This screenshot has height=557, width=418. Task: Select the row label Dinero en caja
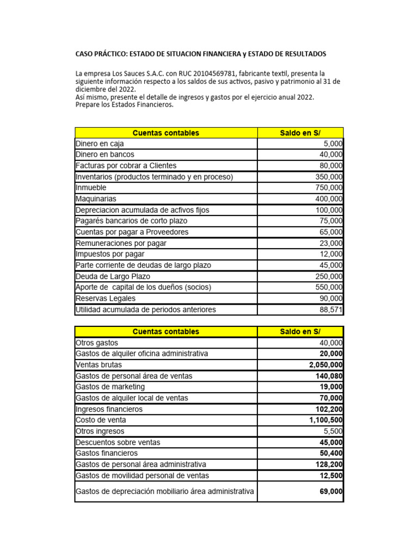pyautogui.click(x=100, y=144)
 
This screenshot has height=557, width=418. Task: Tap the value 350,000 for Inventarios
pyautogui.click(x=329, y=177)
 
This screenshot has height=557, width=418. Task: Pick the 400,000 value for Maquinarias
pyautogui.click(x=329, y=199)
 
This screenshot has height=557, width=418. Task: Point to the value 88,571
pyautogui.click(x=331, y=310)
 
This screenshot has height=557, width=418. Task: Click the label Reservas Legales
pyautogui.click(x=106, y=298)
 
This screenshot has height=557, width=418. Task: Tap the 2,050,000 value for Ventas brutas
pyautogui.click(x=326, y=364)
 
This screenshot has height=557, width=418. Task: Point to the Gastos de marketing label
pyautogui.click(x=110, y=387)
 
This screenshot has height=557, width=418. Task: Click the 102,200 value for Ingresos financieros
pyautogui.click(x=329, y=409)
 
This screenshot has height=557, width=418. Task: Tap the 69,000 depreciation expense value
pyautogui.click(x=331, y=491)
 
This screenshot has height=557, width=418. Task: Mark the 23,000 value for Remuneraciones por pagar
pyautogui.click(x=331, y=243)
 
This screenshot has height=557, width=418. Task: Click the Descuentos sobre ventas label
pyautogui.click(x=118, y=442)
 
